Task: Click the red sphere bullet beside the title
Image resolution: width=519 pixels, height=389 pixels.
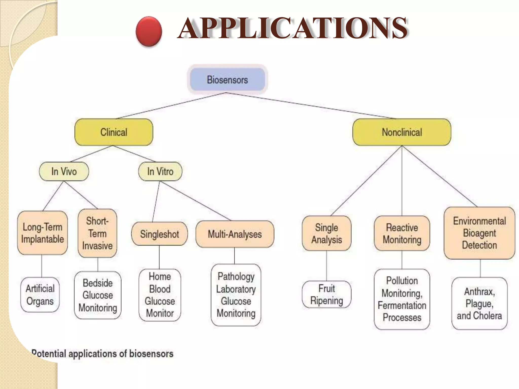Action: tap(149, 31)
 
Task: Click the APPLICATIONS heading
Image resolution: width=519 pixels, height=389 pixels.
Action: tap(293, 28)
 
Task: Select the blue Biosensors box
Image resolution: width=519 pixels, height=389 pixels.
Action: tap(227, 80)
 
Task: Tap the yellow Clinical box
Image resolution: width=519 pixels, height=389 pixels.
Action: tap(114, 132)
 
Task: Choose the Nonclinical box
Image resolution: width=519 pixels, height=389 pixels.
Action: tap(402, 132)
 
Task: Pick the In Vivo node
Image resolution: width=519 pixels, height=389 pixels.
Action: tap(64, 171)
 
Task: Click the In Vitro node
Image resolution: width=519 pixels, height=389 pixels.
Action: tap(160, 171)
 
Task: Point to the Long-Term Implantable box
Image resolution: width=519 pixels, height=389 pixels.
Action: tap(42, 233)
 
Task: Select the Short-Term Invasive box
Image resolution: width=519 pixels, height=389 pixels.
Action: tap(97, 233)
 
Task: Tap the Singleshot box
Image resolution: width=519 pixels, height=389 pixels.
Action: tap(159, 234)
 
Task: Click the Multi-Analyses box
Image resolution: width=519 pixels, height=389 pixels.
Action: tap(235, 234)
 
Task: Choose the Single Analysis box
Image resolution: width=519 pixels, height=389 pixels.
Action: tap(326, 234)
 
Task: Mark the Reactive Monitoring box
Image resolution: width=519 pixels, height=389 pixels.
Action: tap(402, 234)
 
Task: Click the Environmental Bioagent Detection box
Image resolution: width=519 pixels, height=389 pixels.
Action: tap(479, 233)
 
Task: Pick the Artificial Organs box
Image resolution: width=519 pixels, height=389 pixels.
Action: tap(40, 295)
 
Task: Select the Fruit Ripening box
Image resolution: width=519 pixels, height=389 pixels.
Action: tap(326, 295)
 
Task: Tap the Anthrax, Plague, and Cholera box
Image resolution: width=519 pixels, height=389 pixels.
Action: tap(479, 303)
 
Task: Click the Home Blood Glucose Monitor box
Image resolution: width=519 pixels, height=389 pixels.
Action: tap(160, 295)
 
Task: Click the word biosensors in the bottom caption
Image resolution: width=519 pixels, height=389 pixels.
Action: tap(151, 354)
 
